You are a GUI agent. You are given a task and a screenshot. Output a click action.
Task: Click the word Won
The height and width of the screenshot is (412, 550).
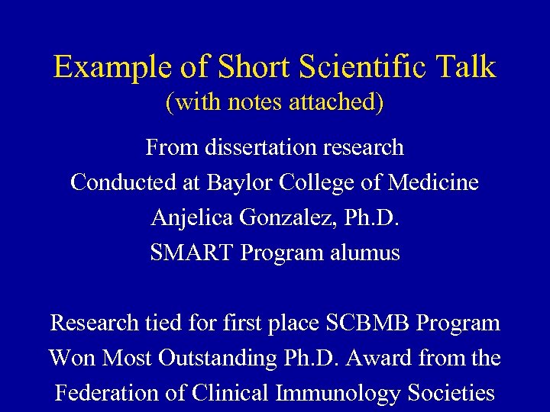pyautogui.click(x=71, y=358)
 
